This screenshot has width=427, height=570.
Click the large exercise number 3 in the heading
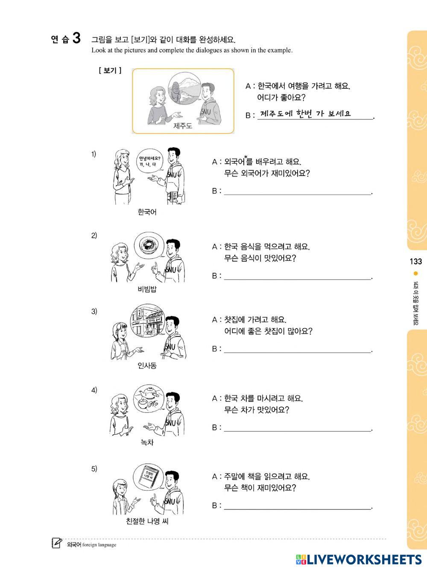pyautogui.click(x=76, y=38)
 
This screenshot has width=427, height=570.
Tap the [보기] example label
pyautogui.click(x=110, y=70)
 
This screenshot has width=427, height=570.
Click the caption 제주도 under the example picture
pyautogui.click(x=183, y=126)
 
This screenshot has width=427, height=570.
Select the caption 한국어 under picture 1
pyautogui.click(x=147, y=212)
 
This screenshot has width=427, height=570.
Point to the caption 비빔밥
pyautogui.click(x=147, y=289)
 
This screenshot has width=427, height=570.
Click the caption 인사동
pyautogui.click(x=147, y=365)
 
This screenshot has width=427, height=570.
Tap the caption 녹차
pyautogui.click(x=147, y=442)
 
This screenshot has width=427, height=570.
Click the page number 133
pyautogui.click(x=415, y=261)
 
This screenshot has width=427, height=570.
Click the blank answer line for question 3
pyautogui.click(x=298, y=353)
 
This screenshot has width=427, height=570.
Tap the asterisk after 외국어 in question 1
pyautogui.click(x=246, y=157)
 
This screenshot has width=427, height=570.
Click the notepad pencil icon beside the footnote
pyautogui.click(x=57, y=543)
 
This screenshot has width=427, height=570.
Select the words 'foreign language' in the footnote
pyautogui.click(x=99, y=545)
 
